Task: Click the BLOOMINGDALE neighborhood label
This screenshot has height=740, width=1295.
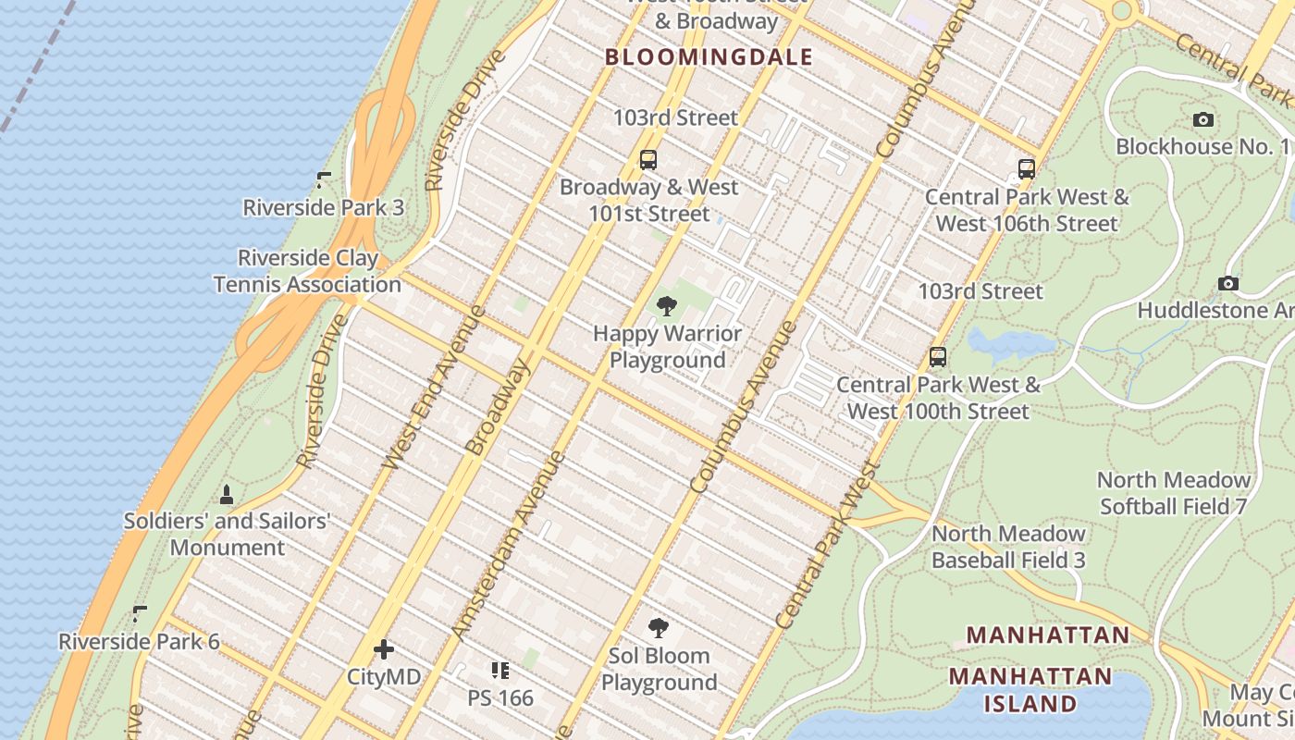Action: [x=709, y=57]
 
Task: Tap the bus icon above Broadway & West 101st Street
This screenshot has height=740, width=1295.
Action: [x=648, y=159]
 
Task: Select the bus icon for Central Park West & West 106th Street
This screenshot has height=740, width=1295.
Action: [x=1026, y=169]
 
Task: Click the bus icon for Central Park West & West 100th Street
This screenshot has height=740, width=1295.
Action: [x=938, y=357]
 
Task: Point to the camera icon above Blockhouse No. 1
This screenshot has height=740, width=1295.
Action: [x=1202, y=119]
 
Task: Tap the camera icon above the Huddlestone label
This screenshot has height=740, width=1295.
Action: [x=1227, y=283]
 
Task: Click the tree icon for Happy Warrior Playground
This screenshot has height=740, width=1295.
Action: [x=666, y=306]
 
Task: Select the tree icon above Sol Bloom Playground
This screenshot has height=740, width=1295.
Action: [x=659, y=629]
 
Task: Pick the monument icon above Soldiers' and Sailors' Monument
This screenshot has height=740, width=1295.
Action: [x=227, y=495]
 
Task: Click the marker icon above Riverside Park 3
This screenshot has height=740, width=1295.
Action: [x=324, y=179]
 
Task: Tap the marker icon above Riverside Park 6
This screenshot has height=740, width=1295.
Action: [x=140, y=614]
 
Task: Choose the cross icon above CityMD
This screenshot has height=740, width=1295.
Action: [x=384, y=649]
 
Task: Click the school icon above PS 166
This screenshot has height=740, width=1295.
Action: [x=500, y=670]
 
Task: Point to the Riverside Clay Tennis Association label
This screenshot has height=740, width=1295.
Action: [x=307, y=271]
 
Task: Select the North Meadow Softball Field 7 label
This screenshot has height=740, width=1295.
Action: [x=1173, y=493]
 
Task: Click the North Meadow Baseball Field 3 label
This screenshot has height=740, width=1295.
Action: [x=1008, y=547]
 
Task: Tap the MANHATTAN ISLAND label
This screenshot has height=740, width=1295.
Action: [x=1030, y=689]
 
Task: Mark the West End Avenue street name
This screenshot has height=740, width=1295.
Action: [x=433, y=387]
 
